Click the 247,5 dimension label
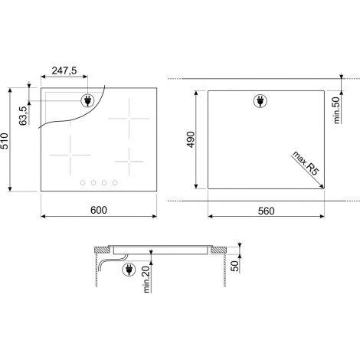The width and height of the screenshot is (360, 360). pyautogui.click(x=64, y=70)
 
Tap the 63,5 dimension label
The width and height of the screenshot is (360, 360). pyautogui.click(x=23, y=116)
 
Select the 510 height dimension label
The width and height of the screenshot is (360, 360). pyautogui.click(x=5, y=141)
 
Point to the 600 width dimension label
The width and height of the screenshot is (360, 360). pyautogui.click(x=99, y=210)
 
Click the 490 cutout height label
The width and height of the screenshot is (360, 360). pyautogui.click(x=191, y=139)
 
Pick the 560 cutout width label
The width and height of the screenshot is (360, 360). pyautogui.click(x=267, y=211)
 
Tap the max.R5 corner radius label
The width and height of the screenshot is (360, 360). pyautogui.click(x=306, y=163)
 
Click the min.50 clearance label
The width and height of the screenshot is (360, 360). pyautogui.click(x=337, y=110)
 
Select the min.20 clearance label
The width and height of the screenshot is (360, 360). pyautogui.click(x=146, y=279)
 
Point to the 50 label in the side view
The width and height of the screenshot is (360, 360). pyautogui.click(x=234, y=266)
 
